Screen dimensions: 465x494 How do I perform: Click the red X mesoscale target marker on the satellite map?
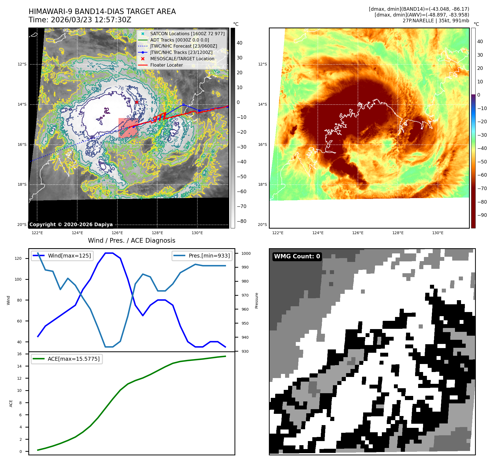click(137, 102)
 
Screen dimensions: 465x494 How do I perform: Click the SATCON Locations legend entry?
click(187, 34)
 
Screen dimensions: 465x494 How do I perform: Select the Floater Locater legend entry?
click(166, 65)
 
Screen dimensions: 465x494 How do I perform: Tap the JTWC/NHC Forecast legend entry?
click(183, 46)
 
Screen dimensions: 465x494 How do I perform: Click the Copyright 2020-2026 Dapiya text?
click(71, 225)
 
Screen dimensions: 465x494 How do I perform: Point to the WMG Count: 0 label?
click(297, 256)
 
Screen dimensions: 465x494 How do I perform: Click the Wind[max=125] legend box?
click(62, 256)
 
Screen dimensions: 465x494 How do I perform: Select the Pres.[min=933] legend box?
click(202, 256)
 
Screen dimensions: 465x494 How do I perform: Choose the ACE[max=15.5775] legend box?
click(67, 359)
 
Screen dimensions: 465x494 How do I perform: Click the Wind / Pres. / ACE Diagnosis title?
click(131, 240)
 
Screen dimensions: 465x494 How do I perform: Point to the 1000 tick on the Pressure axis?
click(246, 253)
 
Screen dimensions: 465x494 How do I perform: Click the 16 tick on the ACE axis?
click(19, 354)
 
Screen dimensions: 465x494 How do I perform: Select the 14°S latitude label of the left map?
click(22, 104)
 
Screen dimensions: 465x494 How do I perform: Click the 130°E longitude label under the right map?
click(438, 233)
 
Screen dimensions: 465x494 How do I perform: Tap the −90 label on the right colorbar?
click(482, 215)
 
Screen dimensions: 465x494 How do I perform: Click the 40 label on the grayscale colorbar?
click(239, 43)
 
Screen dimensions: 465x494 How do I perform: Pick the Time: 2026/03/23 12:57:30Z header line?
click(80, 20)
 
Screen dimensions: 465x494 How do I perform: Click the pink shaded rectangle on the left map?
click(128, 128)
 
